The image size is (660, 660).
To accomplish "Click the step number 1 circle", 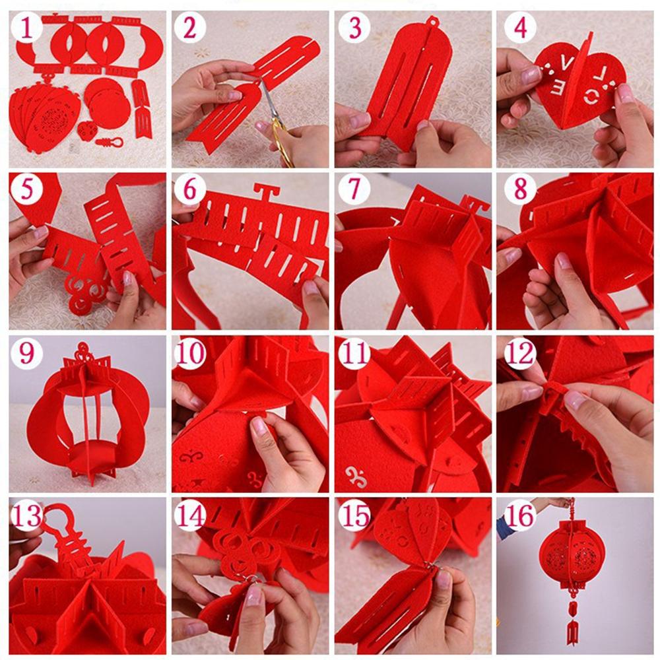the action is coord(27,28).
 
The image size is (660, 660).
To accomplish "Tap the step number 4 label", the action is coord(521,28).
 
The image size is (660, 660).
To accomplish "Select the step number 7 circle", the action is coord(354,189).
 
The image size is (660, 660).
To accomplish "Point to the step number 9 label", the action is coord(27,352).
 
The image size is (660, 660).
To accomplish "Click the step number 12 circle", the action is coord(521,352).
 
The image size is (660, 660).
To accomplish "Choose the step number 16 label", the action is coord(521,515).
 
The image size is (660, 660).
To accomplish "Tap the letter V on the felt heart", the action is coord(567,65).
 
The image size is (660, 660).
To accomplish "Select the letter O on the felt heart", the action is coord(594,98).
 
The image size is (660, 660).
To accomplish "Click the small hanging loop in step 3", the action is coord(432,20).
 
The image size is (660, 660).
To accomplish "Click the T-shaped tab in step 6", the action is coord(265,193).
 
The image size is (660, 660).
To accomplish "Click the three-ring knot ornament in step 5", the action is coord(86,291).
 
